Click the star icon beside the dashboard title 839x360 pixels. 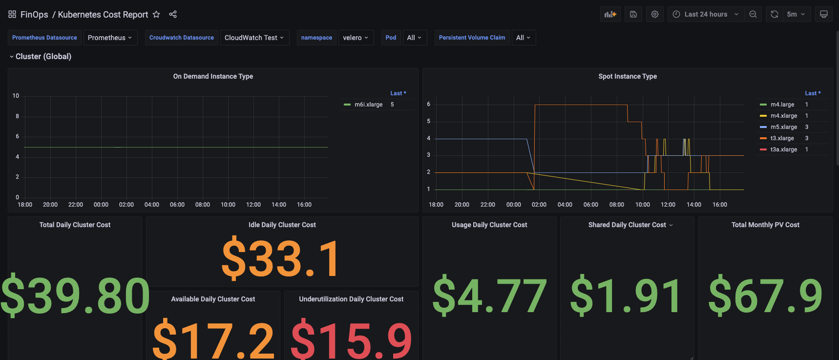(156, 14)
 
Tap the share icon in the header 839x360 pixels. (173, 14)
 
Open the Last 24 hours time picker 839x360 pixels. (706, 14)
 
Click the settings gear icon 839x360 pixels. (655, 14)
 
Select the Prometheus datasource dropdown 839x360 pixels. (110, 38)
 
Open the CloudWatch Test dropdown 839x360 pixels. (254, 38)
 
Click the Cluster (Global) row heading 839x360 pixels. (43, 56)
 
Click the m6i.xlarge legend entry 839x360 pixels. (369, 105)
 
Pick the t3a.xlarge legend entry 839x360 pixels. (784, 149)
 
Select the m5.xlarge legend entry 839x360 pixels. (784, 127)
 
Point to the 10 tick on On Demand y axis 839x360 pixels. (16, 96)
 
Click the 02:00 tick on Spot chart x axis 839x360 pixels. (539, 205)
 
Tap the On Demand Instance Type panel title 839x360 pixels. (213, 76)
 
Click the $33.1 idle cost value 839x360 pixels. (281, 259)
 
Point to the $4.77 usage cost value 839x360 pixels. (489, 295)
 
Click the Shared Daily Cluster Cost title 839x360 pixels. (627, 225)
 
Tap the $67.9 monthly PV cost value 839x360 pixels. (765, 295)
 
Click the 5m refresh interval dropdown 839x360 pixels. (796, 14)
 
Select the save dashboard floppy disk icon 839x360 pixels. (633, 14)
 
